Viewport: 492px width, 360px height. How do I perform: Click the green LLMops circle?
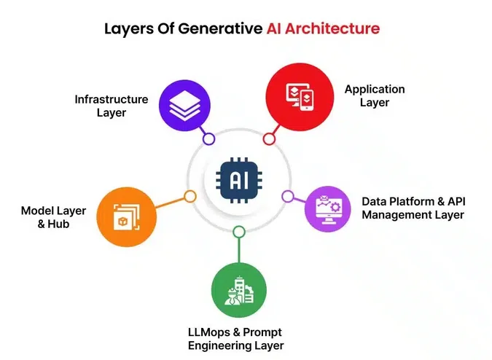(239, 291)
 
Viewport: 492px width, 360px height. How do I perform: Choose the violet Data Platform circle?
(327, 208)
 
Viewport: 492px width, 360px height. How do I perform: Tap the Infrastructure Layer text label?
(112, 106)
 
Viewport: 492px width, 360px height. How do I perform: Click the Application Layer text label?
(375, 96)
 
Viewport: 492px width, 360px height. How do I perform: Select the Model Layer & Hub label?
(53, 217)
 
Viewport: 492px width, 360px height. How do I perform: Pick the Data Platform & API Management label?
(413, 208)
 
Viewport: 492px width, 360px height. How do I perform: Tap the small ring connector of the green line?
(239, 232)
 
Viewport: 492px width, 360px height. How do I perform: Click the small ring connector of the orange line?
(190, 196)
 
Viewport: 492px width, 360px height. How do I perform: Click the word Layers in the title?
(127, 29)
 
